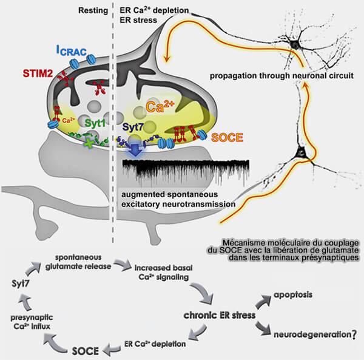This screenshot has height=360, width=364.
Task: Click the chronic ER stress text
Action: point(220,316)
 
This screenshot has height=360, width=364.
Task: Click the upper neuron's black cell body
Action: point(297,44)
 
